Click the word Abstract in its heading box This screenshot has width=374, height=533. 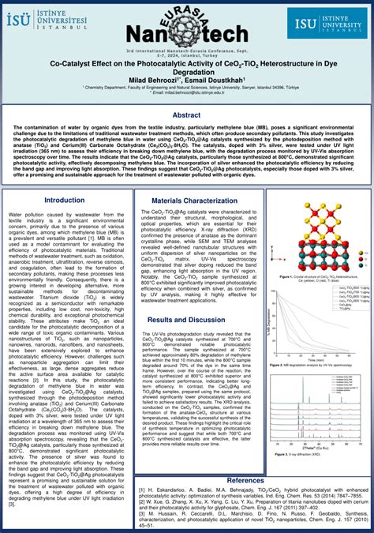pos(186,114)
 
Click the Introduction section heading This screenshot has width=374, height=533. pos(64,201)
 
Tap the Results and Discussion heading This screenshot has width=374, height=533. pos(187,320)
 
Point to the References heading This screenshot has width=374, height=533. pos(245,480)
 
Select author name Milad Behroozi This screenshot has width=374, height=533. pos(154,79)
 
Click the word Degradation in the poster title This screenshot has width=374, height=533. pos(186,69)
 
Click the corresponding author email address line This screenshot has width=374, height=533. pos(186,92)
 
